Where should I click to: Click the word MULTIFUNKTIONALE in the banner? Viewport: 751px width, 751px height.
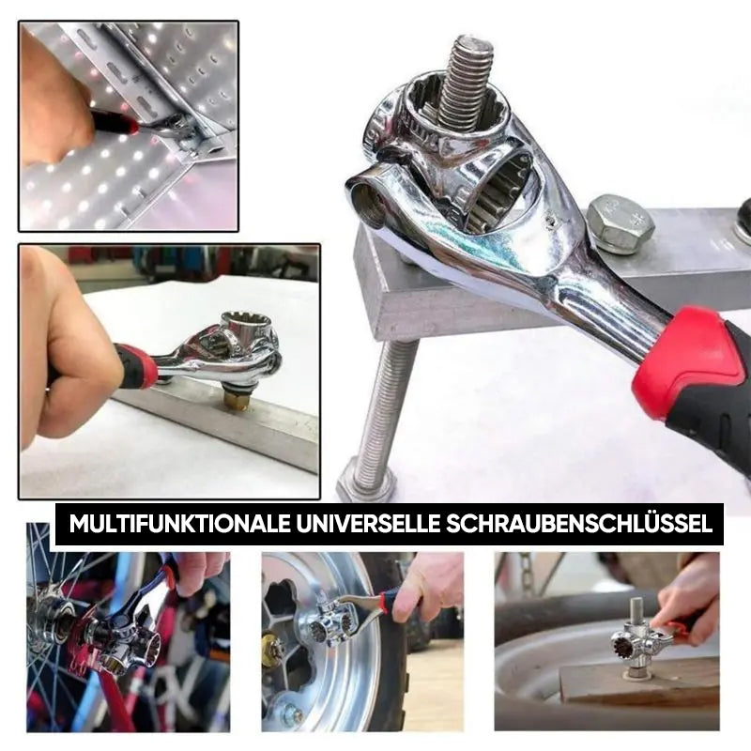[x=179, y=524]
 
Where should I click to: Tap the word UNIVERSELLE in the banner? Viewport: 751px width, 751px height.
[x=368, y=524]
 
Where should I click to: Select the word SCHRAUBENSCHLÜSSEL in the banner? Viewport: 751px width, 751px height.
[x=579, y=523]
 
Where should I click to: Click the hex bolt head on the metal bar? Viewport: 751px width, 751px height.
[x=620, y=224]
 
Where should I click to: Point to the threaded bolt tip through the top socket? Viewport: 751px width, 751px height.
[x=466, y=83]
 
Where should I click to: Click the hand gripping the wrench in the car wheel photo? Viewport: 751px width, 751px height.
[x=430, y=589]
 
